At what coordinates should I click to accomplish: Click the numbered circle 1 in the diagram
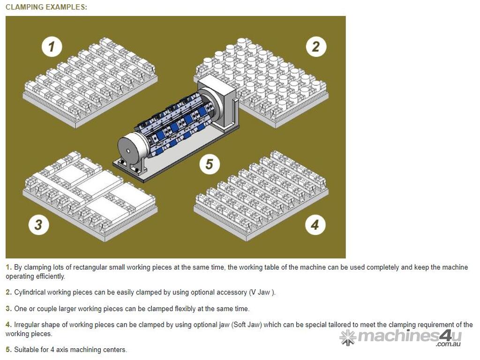pyautogui.click(x=52, y=47)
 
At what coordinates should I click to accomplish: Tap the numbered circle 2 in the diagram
pyautogui.click(x=316, y=46)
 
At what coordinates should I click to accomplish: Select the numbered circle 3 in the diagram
pyautogui.click(x=38, y=225)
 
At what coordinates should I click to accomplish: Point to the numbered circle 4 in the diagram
pyautogui.click(x=315, y=225)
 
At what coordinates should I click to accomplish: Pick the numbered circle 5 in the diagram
pyautogui.click(x=210, y=164)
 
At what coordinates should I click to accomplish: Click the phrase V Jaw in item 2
pyautogui.click(x=260, y=292)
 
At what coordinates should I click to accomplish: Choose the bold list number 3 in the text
pyautogui.click(x=8, y=308)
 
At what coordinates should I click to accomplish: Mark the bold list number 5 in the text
pyautogui.click(x=8, y=349)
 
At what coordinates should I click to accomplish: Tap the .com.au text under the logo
pyautogui.click(x=449, y=344)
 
